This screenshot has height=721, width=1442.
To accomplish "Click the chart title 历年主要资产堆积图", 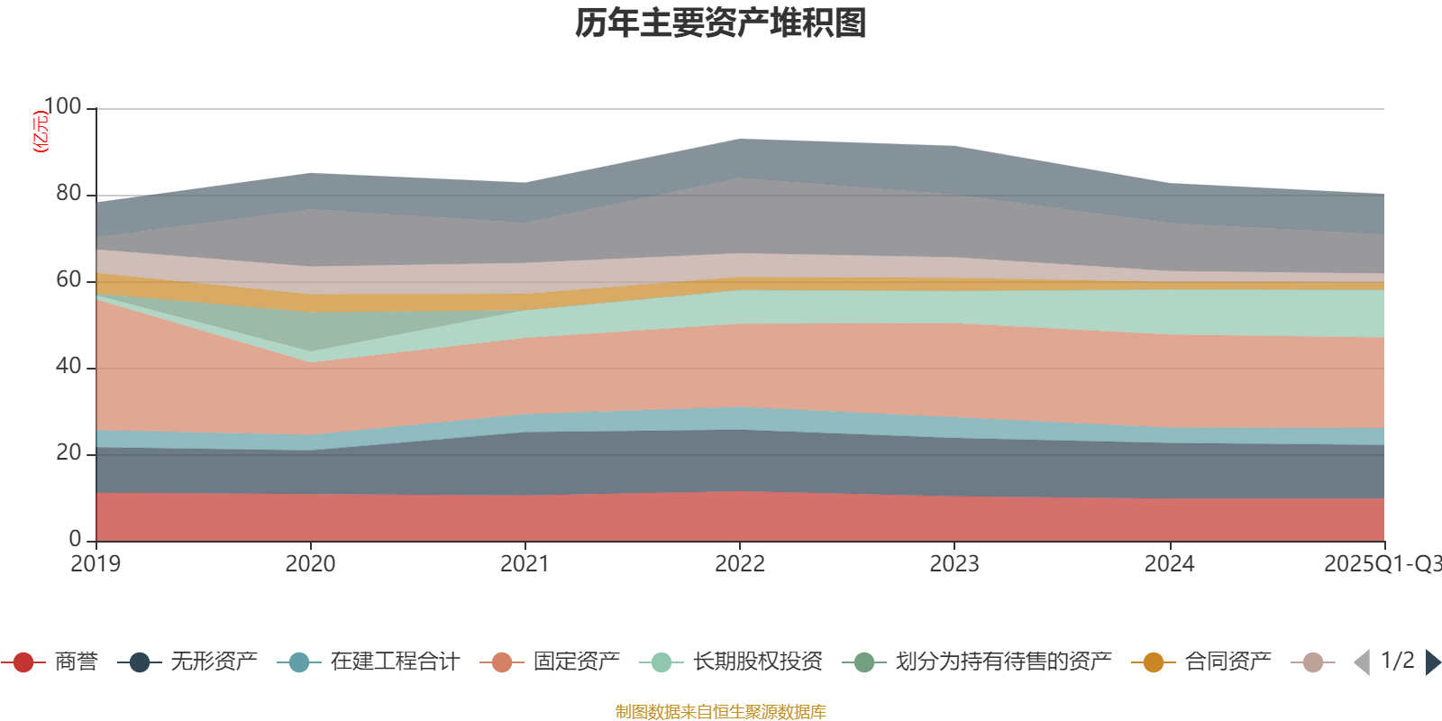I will tap(721, 23).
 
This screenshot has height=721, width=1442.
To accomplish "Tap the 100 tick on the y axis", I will tap(62, 107).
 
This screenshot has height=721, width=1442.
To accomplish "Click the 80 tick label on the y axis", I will tap(68, 194).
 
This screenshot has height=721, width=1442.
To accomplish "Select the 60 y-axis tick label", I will tap(68, 280).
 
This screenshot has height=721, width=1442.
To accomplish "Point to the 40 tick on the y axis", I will tap(68, 367).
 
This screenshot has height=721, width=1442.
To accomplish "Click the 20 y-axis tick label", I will tap(68, 453).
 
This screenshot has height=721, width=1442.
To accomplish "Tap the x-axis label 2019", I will tap(96, 564).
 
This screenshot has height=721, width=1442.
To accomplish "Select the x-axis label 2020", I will tap(310, 564).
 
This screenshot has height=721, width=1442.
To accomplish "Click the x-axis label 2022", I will tap(739, 564).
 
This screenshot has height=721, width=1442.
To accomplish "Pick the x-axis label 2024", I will tap(1169, 564).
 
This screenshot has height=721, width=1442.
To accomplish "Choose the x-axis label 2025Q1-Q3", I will tap(1381, 564).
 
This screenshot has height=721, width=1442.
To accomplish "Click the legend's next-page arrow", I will tap(1433, 662).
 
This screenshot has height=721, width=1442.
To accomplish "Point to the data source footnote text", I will tap(721, 712).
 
